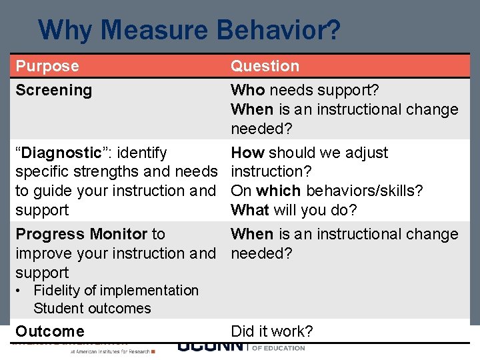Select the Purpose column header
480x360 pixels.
click(47, 66)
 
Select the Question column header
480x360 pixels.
click(265, 66)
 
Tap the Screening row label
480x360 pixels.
click(53, 90)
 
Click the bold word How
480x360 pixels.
click(247, 153)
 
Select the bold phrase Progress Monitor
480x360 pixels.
click(81, 234)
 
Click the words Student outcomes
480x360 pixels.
click(92, 308)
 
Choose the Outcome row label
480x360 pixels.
click(50, 331)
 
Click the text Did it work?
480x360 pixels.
click(271, 331)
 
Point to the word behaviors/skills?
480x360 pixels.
click(364, 191)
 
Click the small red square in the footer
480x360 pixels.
click(154, 350)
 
